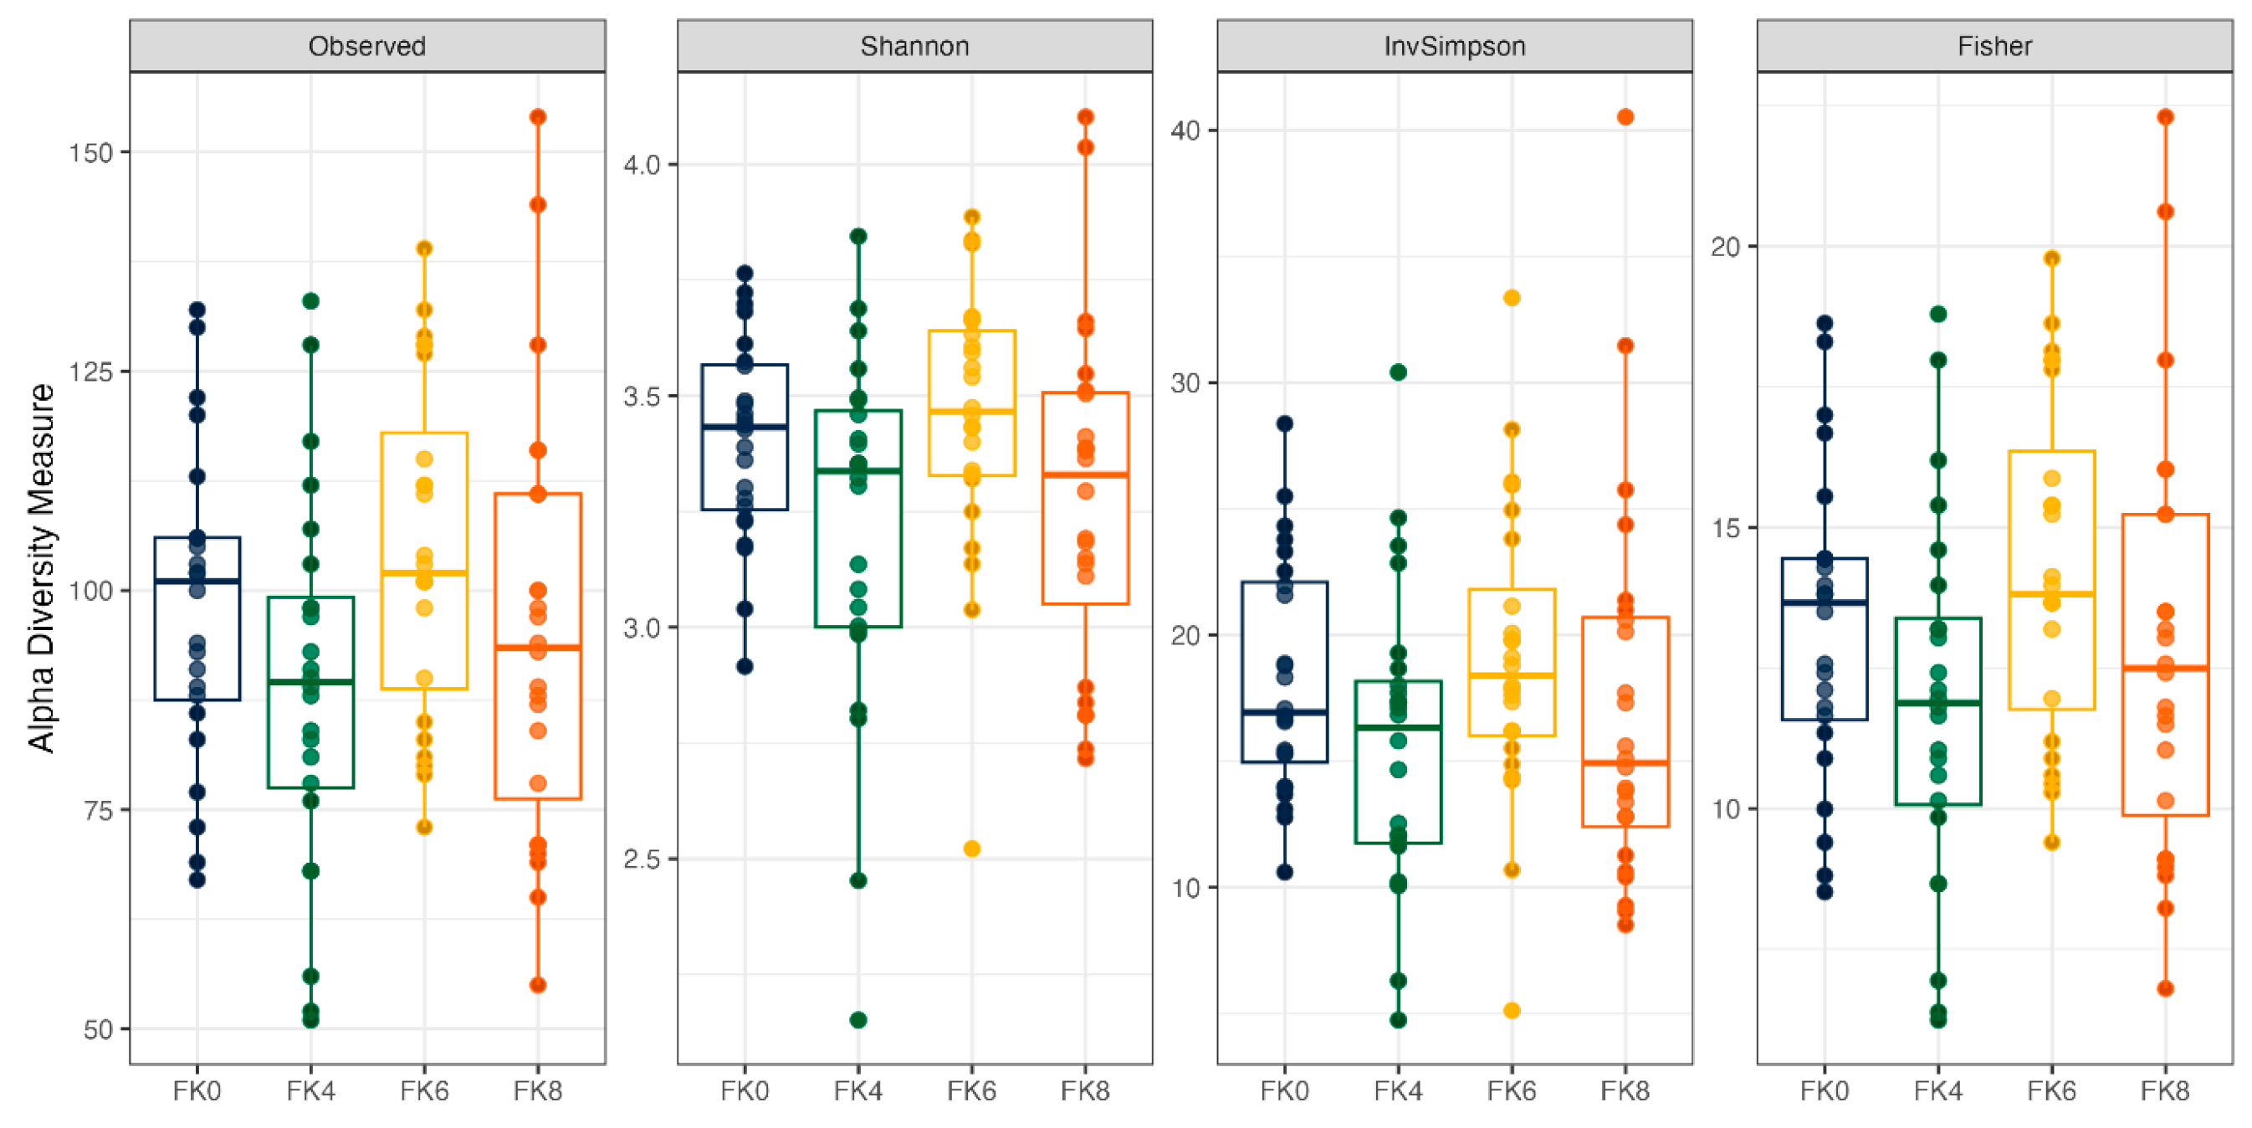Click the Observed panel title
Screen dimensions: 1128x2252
[367, 45]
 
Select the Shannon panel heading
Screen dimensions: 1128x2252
[914, 45]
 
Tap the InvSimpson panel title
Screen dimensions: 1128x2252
[1455, 45]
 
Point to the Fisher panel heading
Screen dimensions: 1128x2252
[1994, 45]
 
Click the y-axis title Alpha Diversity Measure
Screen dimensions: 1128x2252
[40, 568]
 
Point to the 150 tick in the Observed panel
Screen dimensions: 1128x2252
[91, 153]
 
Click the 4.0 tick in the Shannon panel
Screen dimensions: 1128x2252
[641, 164]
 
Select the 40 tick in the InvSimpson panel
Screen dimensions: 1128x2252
[1185, 131]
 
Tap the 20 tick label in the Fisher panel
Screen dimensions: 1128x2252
[1726, 248]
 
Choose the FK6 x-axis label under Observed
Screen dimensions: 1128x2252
[424, 1091]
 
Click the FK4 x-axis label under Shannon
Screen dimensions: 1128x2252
[857, 1091]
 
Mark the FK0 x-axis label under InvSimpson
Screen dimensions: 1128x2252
[1284, 1091]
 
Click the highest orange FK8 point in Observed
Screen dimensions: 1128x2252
[538, 117]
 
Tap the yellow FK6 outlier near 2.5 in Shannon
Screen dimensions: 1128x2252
[971, 849]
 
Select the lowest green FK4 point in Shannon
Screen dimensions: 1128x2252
[857, 1019]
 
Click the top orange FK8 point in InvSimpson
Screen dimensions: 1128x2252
[1625, 117]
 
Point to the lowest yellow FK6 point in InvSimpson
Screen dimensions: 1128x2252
[1512, 1011]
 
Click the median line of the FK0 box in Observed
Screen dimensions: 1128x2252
[197, 582]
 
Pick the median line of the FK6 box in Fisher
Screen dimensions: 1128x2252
[2052, 595]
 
